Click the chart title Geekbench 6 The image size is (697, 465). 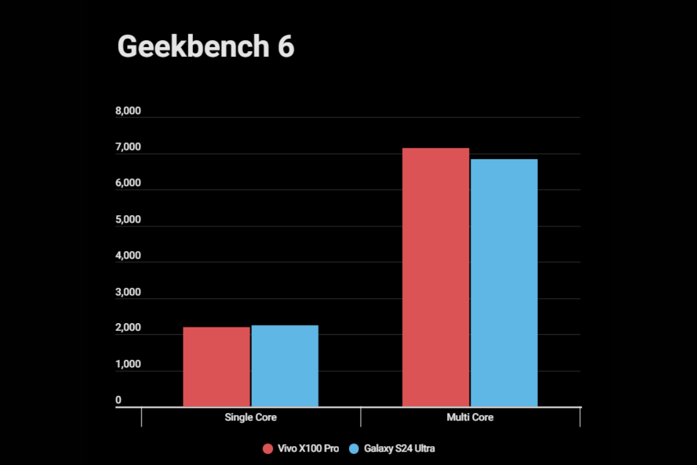[206, 46]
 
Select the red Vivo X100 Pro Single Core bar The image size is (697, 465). [217, 367]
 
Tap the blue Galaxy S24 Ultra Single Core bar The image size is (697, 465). [285, 366]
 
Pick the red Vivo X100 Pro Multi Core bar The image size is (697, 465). [436, 277]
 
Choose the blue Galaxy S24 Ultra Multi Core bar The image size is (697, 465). [504, 282]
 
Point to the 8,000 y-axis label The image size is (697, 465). [128, 112]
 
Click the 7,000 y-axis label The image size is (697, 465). [128, 148]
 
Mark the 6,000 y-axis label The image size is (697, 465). [128, 184]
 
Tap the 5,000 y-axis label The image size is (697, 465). [128, 220]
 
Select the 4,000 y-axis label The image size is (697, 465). [128, 256]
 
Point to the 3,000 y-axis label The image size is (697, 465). [128, 292]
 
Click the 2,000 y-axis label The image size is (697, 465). [128, 328]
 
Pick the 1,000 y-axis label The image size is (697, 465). [128, 364]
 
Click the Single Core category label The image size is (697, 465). [251, 417]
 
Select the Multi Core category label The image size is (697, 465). [470, 417]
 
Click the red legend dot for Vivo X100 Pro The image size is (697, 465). [268, 449]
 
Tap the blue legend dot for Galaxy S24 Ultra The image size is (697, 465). [354, 449]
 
